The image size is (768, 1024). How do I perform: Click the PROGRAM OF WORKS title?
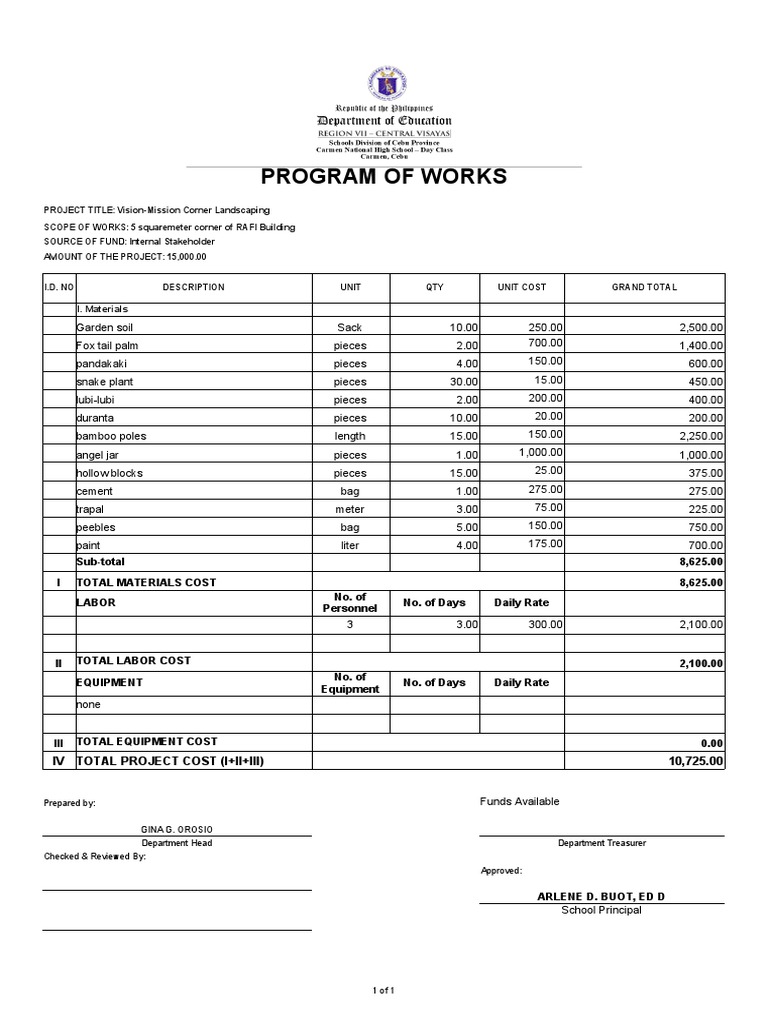[384, 178]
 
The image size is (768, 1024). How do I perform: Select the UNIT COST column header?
[522, 287]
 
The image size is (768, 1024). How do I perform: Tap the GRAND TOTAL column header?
[644, 287]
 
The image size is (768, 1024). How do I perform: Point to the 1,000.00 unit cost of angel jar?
[539, 452]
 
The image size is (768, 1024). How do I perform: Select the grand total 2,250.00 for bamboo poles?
[700, 436]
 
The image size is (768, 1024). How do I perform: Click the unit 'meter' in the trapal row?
[350, 509]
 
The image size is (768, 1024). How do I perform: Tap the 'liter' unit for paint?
[350, 546]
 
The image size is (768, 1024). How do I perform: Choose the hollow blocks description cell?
[109, 473]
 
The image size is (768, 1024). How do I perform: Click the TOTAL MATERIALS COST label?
[146, 582]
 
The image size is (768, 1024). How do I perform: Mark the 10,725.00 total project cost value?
[696, 761]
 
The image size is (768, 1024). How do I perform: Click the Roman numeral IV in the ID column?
[58, 762]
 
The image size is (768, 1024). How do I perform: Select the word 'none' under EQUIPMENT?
[89, 704]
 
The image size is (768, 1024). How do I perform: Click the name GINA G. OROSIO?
[176, 829]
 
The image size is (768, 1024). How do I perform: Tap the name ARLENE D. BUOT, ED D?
[601, 896]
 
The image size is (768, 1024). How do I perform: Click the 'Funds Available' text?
[519, 801]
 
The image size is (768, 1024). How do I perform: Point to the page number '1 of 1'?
[384, 990]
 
